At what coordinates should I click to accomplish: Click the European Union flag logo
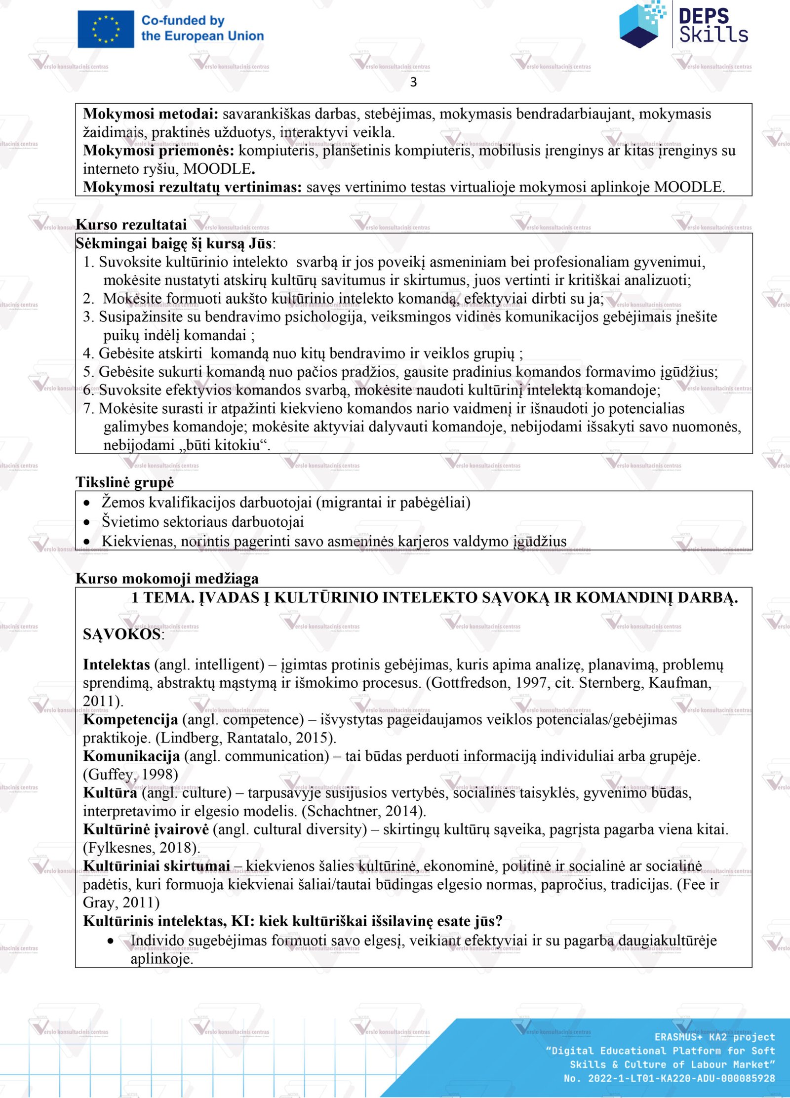[106, 29]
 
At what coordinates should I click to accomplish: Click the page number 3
[413, 82]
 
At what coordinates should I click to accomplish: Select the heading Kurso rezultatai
[131, 225]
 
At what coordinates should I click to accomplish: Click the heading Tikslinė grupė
[124, 482]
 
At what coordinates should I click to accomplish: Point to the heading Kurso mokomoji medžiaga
[167, 578]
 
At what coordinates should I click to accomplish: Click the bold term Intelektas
[116, 665]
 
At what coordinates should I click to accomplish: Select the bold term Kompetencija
[130, 719]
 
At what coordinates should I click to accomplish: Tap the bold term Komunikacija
[131, 756]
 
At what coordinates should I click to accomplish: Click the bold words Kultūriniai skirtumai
[157, 865]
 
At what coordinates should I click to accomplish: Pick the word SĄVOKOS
[122, 634]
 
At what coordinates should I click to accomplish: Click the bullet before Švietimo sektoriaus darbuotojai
[87, 522]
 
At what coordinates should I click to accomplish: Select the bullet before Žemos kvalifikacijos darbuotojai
[87, 503]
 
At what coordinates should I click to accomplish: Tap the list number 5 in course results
[87, 372]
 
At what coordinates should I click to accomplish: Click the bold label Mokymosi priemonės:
[158, 150]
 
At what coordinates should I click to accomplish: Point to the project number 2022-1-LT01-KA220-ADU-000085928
[681, 1078]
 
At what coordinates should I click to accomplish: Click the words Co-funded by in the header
[183, 21]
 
